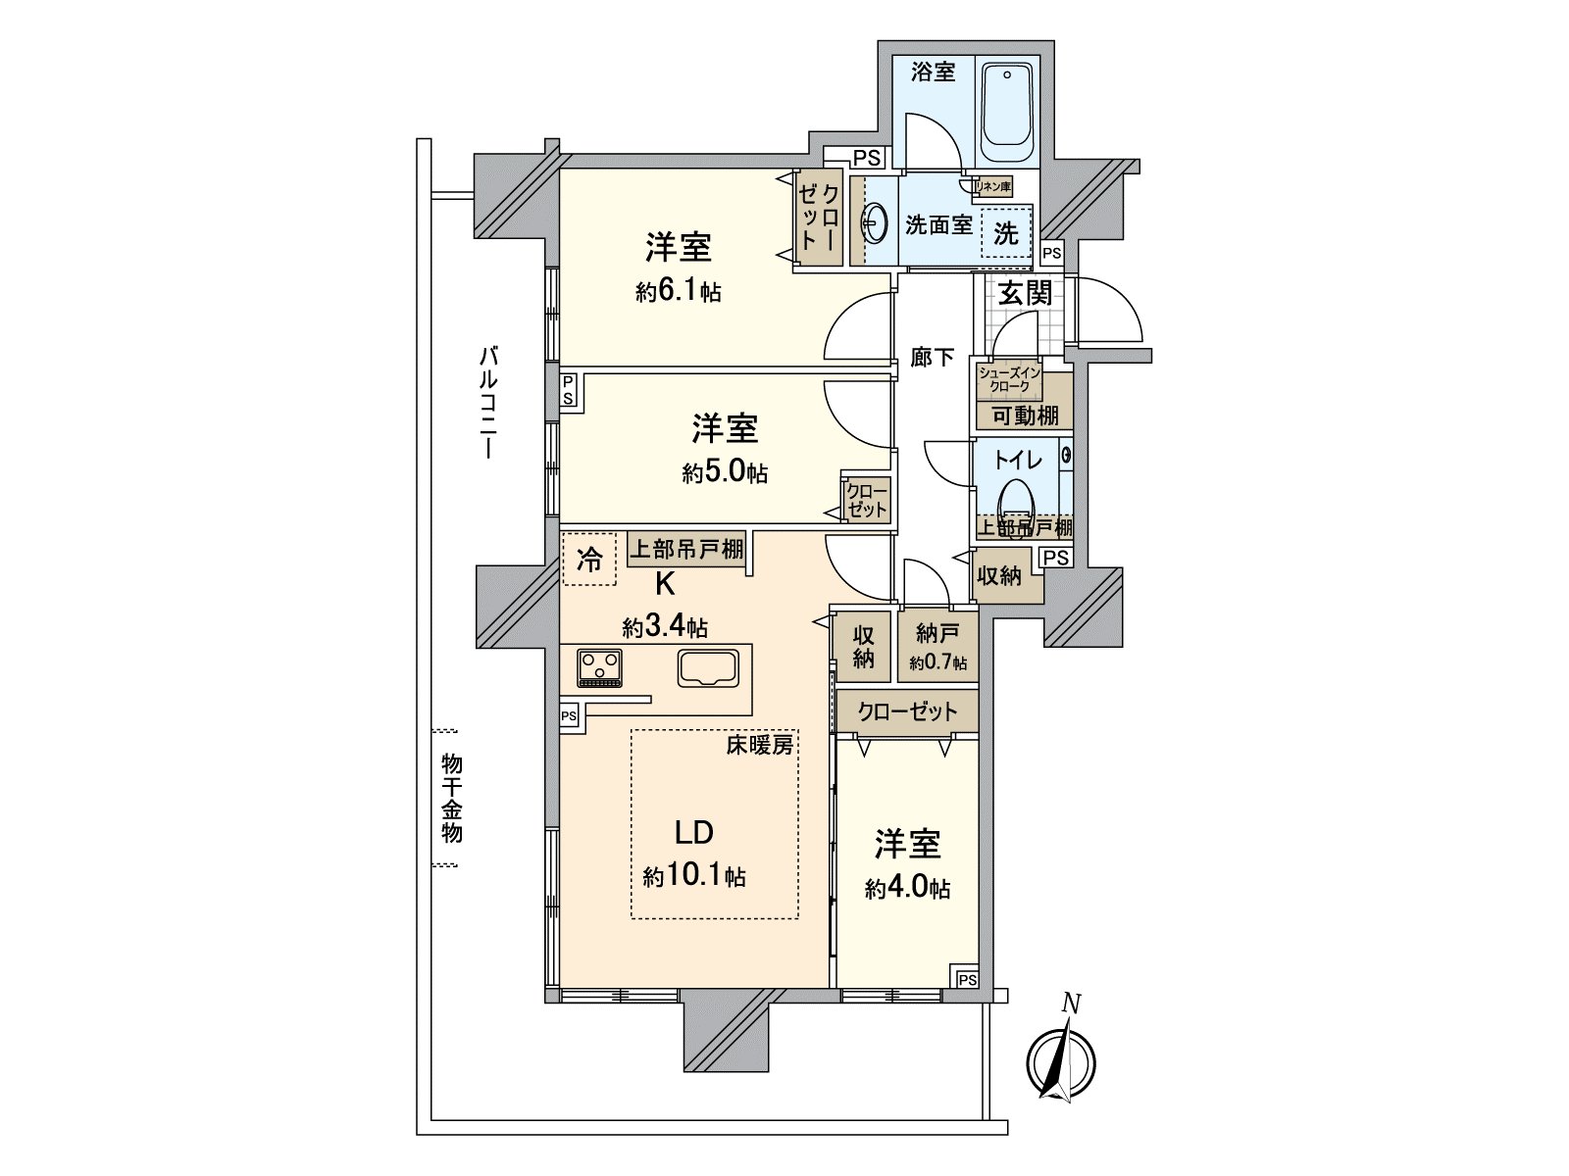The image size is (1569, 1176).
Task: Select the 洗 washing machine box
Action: pos(1006,233)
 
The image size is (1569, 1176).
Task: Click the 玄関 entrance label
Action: pos(1025,293)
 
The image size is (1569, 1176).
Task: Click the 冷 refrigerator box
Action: pos(589,560)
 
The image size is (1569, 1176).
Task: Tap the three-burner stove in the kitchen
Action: pos(599,667)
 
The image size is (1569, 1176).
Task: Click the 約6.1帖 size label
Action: pos(678,291)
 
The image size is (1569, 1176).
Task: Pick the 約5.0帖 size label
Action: pos(725,473)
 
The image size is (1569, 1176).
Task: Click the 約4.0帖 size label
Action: pos(907,888)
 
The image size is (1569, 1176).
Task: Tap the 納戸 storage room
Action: pos(936,646)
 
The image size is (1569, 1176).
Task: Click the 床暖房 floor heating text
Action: pos(760,745)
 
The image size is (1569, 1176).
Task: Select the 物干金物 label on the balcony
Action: pos(451,798)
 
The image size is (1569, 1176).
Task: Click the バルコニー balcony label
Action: pos(487,402)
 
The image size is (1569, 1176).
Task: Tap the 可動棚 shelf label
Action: pos(1024,416)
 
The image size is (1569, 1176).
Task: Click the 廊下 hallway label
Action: pos(932,358)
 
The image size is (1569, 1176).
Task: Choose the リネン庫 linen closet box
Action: pos(991,185)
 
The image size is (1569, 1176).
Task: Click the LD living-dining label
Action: pos(693,833)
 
